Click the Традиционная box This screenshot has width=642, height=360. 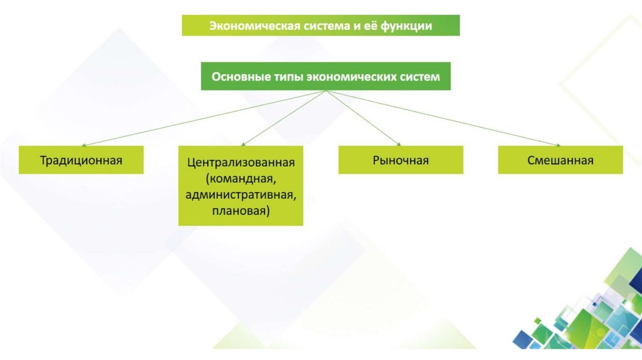coord(81,160)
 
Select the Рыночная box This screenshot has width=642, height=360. coord(401,160)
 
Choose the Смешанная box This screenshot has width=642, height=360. coord(560,160)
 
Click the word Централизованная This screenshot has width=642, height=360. coord(241,163)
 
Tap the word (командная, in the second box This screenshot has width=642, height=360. coord(241,179)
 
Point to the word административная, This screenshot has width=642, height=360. coord(241,195)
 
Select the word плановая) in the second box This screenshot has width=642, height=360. coord(241,211)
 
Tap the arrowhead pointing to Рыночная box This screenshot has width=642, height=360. coord(399,144)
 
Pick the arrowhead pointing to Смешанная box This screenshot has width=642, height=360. coord(557,144)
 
